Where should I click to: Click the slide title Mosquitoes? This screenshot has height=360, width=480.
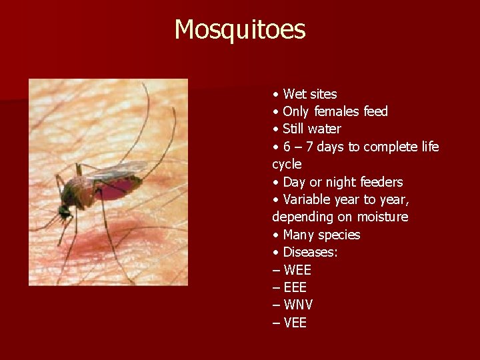click(240, 30)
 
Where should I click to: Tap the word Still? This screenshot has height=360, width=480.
click(294, 129)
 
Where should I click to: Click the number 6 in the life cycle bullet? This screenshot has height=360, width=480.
click(287, 147)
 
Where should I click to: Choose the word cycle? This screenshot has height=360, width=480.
click(287, 164)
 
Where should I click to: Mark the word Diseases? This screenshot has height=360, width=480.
click(310, 252)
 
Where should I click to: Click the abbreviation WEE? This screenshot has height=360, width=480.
click(297, 270)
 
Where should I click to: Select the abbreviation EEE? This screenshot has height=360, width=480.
click(295, 287)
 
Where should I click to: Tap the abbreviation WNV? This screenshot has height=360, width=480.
click(298, 305)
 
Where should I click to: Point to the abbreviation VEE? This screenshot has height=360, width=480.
click(295, 323)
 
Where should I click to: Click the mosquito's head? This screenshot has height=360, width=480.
click(65, 211)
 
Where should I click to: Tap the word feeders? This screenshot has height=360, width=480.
click(381, 182)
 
